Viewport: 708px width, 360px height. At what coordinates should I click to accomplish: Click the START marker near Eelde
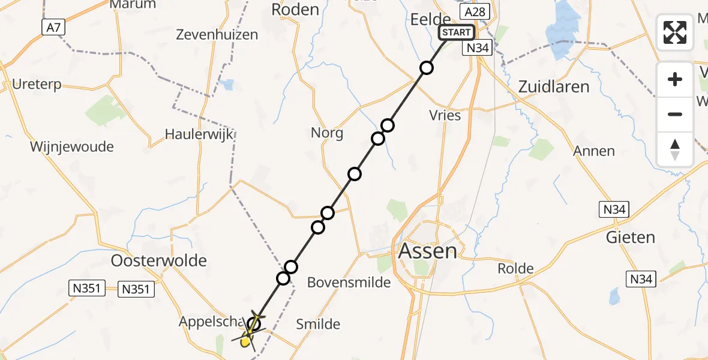(x=457, y=32)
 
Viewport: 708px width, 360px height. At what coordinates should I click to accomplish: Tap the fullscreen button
(x=675, y=32)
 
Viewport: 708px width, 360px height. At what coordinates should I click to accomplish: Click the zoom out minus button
(x=675, y=114)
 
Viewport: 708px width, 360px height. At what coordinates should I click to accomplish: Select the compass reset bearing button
(x=675, y=149)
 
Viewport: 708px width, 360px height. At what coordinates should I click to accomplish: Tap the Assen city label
(x=427, y=250)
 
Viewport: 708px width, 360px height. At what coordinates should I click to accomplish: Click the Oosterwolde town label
(x=159, y=260)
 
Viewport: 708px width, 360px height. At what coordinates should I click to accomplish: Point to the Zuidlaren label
(x=554, y=87)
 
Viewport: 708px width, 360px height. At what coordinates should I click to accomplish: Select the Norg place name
(x=327, y=133)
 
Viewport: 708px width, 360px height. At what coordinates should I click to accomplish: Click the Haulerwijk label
(x=199, y=134)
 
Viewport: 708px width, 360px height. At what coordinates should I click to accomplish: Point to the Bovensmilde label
(x=349, y=282)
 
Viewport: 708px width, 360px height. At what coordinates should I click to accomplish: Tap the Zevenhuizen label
(x=217, y=35)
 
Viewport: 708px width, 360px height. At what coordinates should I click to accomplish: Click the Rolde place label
(x=515, y=268)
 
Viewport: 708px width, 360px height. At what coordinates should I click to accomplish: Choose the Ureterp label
(x=37, y=85)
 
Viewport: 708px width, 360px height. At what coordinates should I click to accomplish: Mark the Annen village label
(x=594, y=151)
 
